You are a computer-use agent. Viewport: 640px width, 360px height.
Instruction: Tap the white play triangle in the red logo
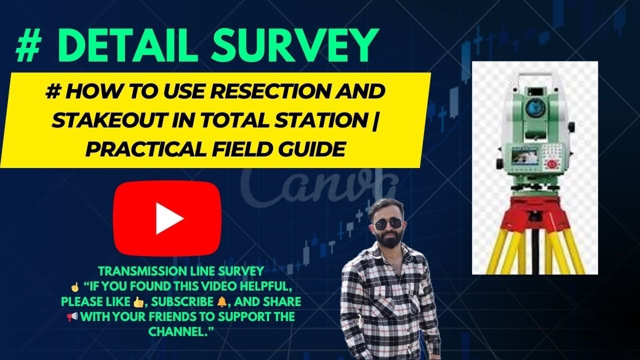[168, 219]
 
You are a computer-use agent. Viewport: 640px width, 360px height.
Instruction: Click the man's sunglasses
[387, 224]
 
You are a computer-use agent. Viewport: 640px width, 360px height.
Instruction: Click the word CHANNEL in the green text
[180, 331]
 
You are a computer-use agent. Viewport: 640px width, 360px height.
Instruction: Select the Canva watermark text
[315, 185]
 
